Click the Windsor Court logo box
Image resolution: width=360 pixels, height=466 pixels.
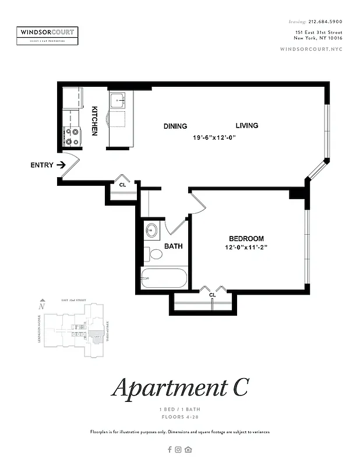point(47,36)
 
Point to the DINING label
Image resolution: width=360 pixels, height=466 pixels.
point(175,126)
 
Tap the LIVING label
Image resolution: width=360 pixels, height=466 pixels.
point(246,125)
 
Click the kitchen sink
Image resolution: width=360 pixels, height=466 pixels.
point(119,100)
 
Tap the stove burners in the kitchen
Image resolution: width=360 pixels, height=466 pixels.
point(72,136)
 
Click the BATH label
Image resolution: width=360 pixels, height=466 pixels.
point(173,246)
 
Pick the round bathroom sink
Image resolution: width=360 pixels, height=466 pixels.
point(151,230)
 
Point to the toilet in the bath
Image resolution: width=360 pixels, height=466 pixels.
point(156,254)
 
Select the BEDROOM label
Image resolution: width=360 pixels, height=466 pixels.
point(246,239)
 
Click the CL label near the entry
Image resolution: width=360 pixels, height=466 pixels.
point(122,185)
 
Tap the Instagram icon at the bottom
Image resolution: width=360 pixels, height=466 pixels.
point(179,449)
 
